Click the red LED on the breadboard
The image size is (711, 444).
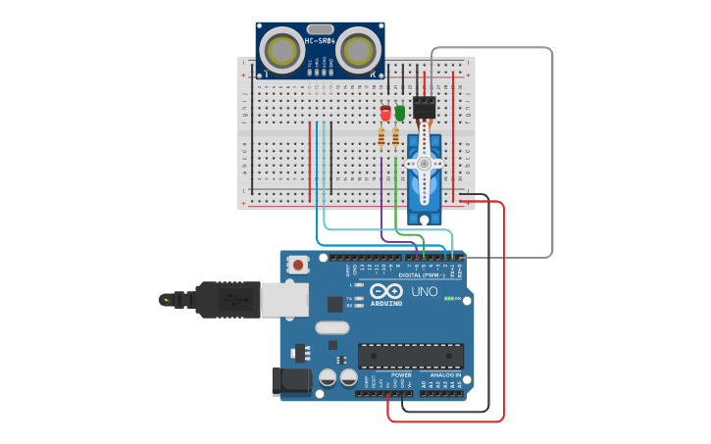(385, 114)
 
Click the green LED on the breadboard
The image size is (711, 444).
(399, 113)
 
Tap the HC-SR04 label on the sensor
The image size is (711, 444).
(320, 41)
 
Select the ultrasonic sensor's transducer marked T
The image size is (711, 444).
(283, 49)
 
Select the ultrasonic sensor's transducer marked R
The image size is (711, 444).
(357, 49)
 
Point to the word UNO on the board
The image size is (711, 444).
(424, 292)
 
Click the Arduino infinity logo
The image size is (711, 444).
(386, 291)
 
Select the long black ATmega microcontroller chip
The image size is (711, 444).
(410, 356)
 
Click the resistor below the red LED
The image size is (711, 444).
(381, 137)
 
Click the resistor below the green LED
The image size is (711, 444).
(395, 137)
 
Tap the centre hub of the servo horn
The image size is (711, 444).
(424, 163)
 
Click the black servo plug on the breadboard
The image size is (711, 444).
(425, 107)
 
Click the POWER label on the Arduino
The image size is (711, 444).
(402, 374)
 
